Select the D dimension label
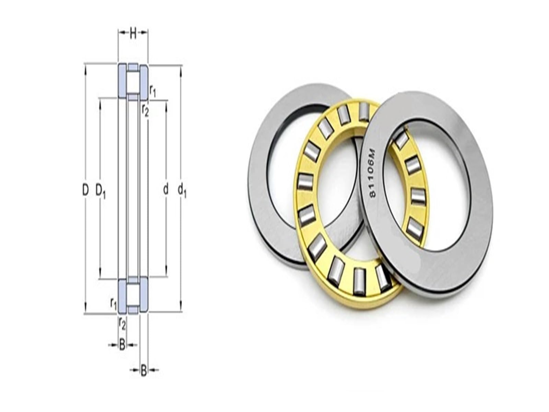[86, 190]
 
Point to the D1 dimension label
[101, 191]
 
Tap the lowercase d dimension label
[166, 190]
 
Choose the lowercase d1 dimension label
[182, 191]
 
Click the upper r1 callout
[153, 91]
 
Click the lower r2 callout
[122, 324]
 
